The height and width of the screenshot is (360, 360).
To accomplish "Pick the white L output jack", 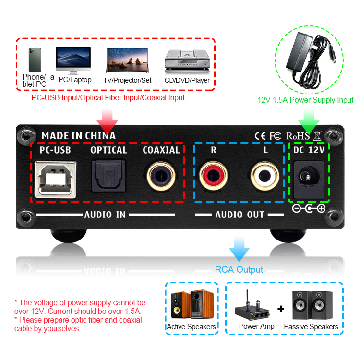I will [265, 177].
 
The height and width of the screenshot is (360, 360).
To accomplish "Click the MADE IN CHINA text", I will [78, 136].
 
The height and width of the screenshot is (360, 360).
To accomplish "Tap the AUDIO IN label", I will [105, 215].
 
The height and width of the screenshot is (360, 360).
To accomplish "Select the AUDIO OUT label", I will [240, 215].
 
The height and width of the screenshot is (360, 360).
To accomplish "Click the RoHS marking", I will [298, 136].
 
